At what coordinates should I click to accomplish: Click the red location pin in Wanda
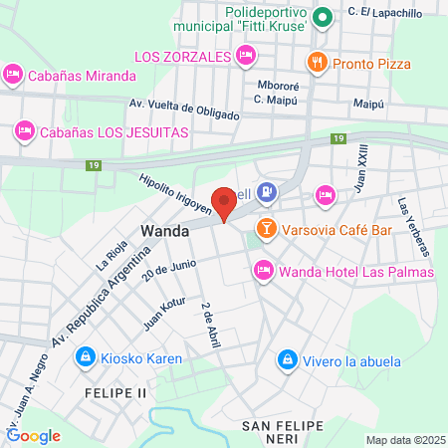click(x=225, y=202)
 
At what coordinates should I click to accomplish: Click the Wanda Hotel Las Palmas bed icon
click(x=263, y=270)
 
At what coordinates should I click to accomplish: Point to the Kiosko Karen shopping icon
click(x=86, y=356)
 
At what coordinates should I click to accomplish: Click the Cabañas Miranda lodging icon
click(x=13, y=74)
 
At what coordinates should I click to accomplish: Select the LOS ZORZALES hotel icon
click(x=246, y=55)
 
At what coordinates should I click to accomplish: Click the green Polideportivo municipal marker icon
click(x=323, y=17)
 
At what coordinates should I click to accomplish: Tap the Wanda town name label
click(x=166, y=230)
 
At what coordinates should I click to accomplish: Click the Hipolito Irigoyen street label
click(x=177, y=191)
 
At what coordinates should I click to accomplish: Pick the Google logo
click(x=33, y=435)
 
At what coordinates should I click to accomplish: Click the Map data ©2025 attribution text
click(x=403, y=439)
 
